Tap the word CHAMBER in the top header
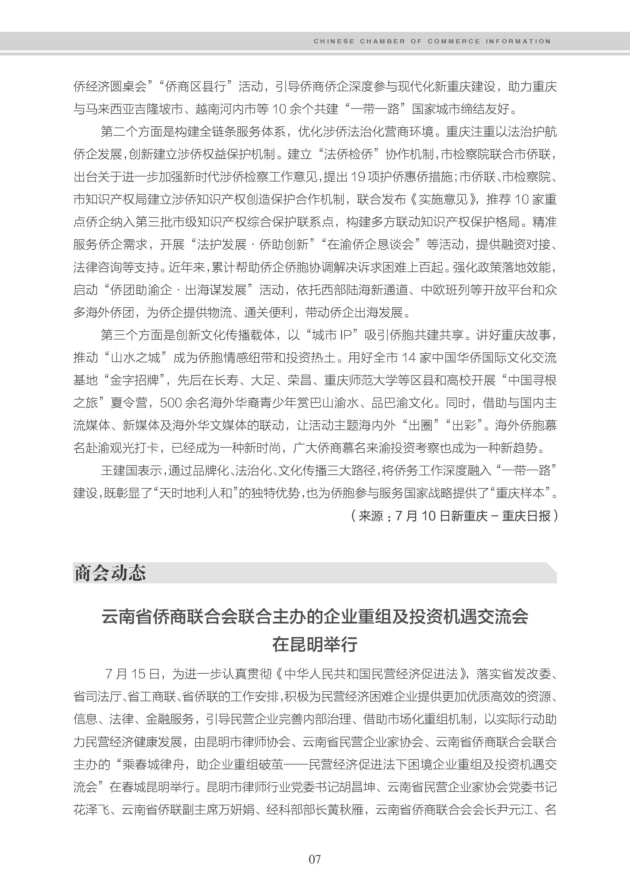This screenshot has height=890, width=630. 382,42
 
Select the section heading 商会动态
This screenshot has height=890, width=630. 110,573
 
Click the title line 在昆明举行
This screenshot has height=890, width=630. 315,645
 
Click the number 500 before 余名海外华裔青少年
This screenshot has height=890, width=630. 171,403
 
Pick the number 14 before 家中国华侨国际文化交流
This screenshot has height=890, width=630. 408,357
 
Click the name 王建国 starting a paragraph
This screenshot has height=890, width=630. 119,471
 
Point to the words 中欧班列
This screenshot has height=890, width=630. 445,290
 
